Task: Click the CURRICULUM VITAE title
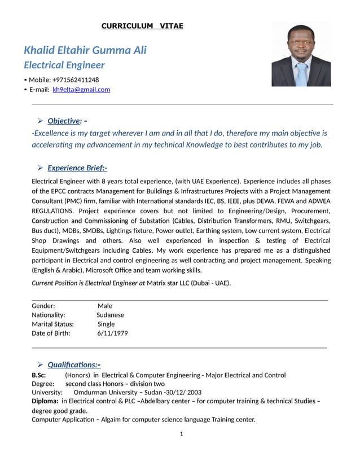142,26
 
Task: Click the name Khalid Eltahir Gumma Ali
85,50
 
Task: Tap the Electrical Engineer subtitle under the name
64,65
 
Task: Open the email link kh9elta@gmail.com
81,89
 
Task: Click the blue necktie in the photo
302,74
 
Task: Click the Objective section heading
65,121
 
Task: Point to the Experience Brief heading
77,168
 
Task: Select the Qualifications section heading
74,364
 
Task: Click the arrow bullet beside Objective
41,121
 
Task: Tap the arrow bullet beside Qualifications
41,364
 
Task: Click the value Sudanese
110,315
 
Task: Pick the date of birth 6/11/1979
112,333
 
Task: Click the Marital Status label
53,324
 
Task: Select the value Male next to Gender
105,306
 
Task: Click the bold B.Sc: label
39,375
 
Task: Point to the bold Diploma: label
45,401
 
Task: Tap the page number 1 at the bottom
181,433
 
